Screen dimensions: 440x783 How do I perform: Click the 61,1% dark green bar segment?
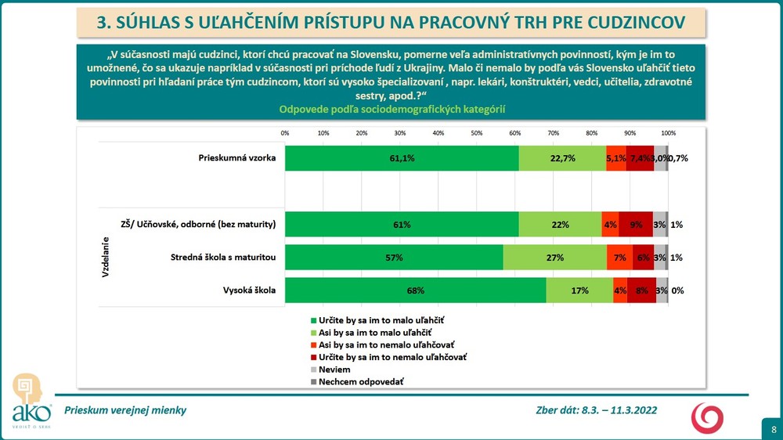click(401, 158)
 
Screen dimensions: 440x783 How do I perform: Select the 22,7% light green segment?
click(562, 158)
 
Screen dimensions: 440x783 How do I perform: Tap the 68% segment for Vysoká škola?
click(415, 290)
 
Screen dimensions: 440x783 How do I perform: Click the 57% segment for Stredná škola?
click(394, 258)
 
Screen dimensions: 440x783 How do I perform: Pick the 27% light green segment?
click(554, 258)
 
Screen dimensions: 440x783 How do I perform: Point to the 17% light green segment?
click(579, 290)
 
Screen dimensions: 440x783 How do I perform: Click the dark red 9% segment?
click(635, 225)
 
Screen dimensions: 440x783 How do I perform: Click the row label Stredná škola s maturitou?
click(224, 258)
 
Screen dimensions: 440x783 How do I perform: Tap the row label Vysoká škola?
click(251, 290)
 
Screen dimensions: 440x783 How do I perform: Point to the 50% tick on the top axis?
click(476, 133)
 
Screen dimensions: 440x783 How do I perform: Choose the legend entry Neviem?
click(329, 368)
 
